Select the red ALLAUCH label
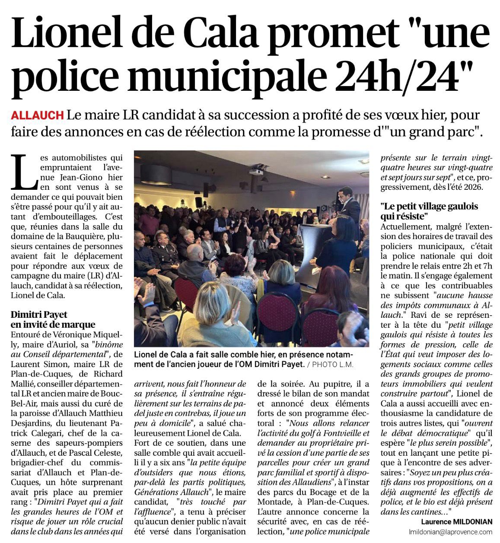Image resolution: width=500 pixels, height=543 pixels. tap(37, 115)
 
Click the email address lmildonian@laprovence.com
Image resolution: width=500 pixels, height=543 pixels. tap(450, 532)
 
